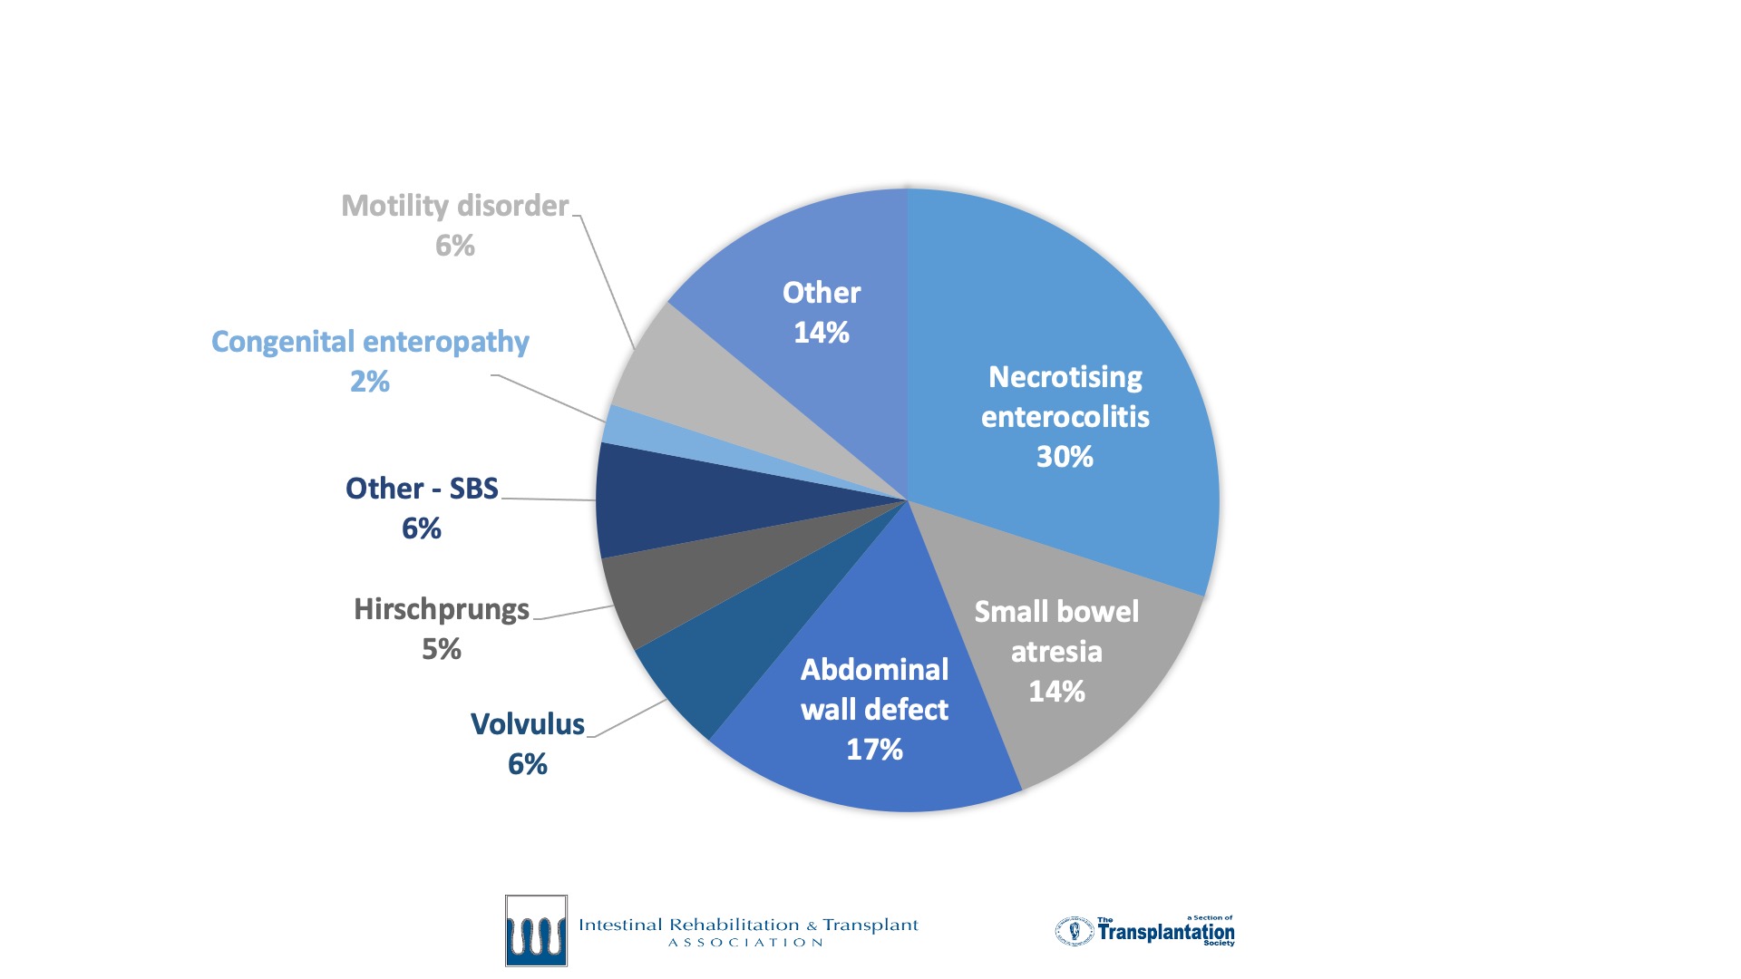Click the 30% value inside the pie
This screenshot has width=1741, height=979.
tap(1065, 456)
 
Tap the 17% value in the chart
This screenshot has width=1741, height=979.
tap(874, 750)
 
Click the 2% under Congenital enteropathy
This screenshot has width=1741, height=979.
tap(370, 382)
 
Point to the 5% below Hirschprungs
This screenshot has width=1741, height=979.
tap(442, 649)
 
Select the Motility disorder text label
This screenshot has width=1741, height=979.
tap(454, 206)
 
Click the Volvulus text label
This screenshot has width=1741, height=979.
tap(527, 724)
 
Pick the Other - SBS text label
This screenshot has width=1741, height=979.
tap(422, 489)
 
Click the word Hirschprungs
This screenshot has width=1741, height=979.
tap(442, 609)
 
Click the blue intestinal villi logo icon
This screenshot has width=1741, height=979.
tap(536, 931)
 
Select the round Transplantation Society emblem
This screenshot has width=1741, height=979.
tap(1075, 931)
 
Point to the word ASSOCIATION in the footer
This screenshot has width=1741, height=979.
tap(745, 943)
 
